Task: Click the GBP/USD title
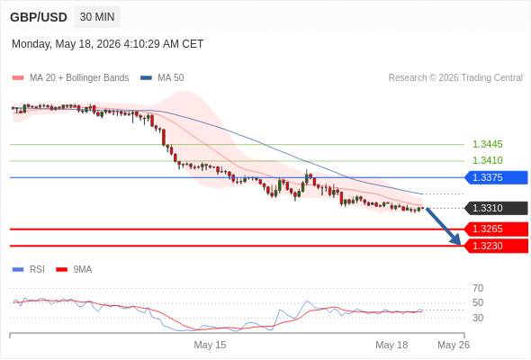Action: coord(39,17)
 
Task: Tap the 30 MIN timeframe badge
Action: coord(97,17)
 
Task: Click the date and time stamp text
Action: coord(108,44)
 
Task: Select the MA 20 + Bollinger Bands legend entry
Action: coord(70,78)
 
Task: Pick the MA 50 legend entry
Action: coord(162,78)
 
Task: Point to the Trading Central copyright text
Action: coord(455,78)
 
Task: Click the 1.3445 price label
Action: coord(487,144)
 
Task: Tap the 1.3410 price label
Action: coord(487,160)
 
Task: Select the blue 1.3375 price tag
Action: coord(496,177)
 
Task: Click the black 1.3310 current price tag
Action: coord(496,208)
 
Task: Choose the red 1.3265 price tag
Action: coord(496,229)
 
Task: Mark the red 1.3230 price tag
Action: coord(496,246)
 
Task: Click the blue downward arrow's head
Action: coord(457,240)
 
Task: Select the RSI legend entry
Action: coord(29,270)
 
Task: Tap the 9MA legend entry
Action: coord(74,270)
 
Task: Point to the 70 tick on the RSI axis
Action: coord(478,288)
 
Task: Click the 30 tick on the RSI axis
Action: coord(478,318)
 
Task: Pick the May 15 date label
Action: coord(210,345)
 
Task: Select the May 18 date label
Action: coord(391,345)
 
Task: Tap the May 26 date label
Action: coord(454,345)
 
